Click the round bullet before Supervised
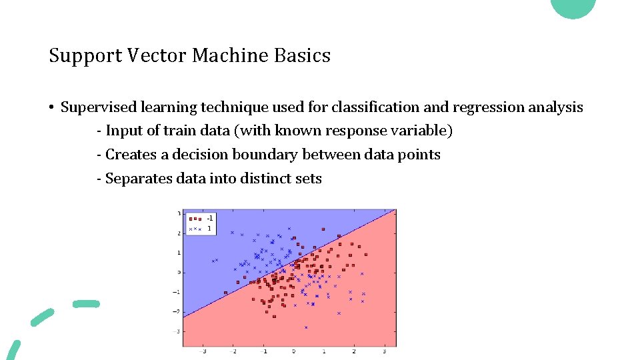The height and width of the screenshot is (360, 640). point(51,108)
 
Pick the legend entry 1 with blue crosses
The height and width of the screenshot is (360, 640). point(200,228)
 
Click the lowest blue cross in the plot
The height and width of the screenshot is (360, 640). point(306,327)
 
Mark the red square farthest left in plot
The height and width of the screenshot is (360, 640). point(226,292)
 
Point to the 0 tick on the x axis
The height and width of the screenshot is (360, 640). point(293,351)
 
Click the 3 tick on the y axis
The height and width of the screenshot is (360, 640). point(179,213)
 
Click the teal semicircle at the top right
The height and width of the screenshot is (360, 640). point(573,7)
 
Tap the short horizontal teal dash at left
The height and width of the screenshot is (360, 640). point(86,303)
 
